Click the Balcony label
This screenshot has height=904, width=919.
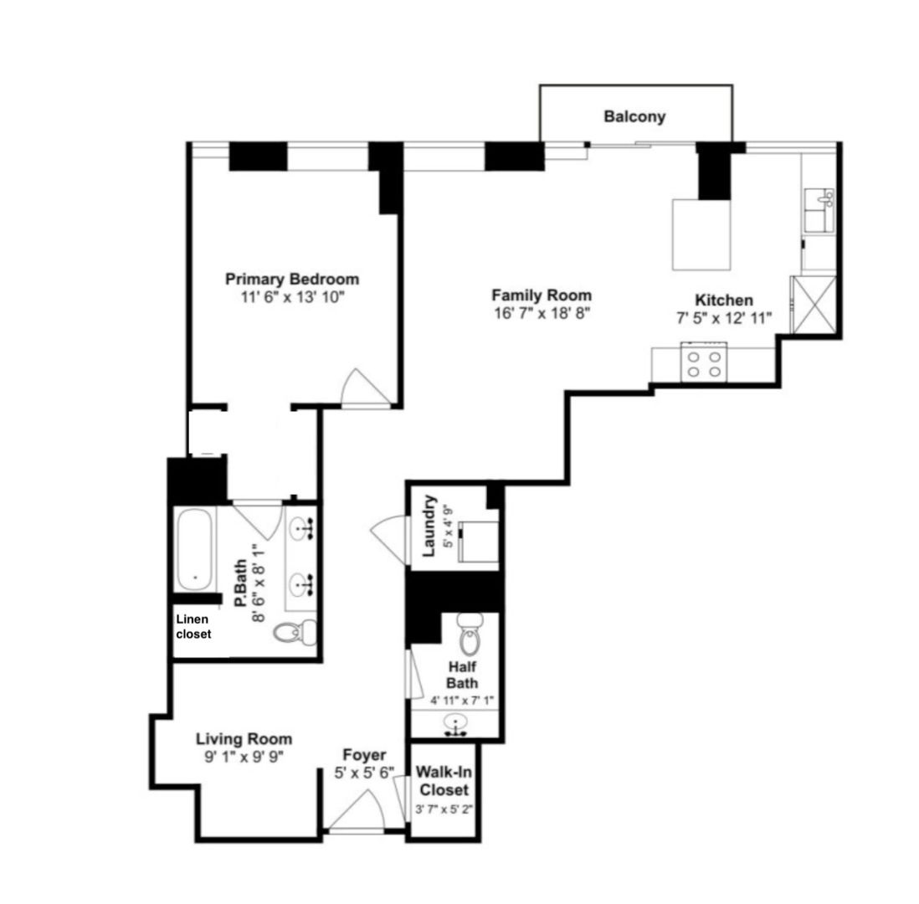coord(634,116)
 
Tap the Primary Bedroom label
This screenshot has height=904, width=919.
coord(292,279)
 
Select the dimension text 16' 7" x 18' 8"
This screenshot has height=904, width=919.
coord(541,313)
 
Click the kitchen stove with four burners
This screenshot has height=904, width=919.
coord(704,363)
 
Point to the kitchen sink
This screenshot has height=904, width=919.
coord(819,210)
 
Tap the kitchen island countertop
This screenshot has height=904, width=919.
coord(701,234)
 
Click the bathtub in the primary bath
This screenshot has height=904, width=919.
coord(194,550)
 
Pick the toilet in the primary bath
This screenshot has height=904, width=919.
coord(295,633)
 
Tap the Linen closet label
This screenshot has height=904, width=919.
coord(193,626)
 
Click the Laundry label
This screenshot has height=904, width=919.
coord(429,526)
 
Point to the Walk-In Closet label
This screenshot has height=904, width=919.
coord(444,781)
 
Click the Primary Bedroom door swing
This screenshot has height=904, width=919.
coord(366,387)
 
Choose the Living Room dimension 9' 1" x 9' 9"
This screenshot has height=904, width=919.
coord(244,757)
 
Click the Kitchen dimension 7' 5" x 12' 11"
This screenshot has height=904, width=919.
coord(724,318)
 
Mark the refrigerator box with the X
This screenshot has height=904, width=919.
coord(814,305)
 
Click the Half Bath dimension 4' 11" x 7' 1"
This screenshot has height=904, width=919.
coord(463,700)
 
